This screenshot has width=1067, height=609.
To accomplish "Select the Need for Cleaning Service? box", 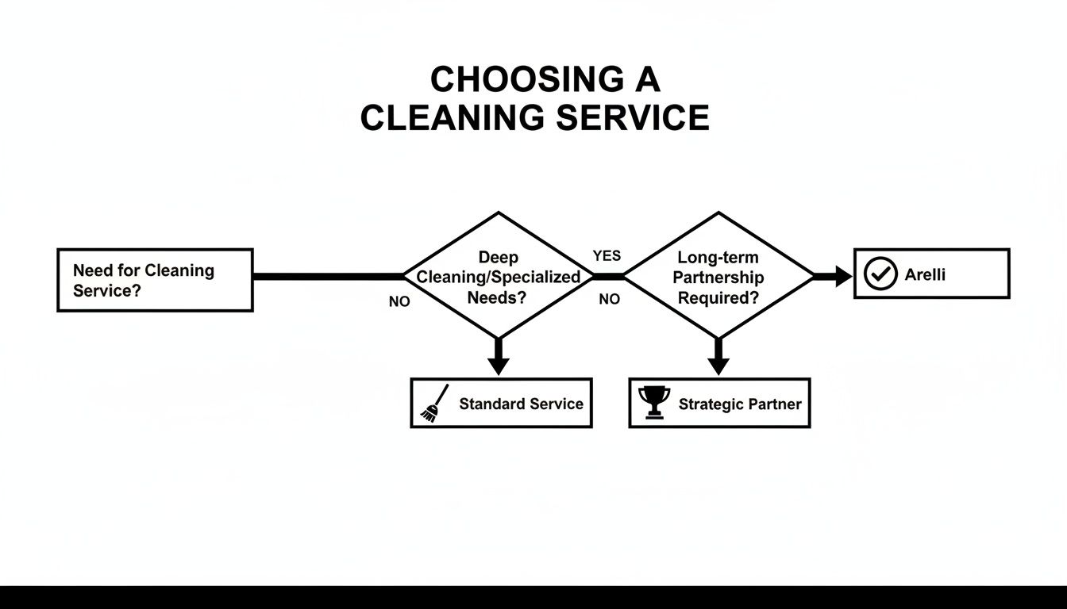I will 155,280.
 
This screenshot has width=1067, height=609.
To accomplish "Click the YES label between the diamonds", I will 607,256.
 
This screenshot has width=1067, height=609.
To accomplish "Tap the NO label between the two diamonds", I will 609,300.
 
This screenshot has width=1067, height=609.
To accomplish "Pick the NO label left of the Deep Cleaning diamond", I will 399,302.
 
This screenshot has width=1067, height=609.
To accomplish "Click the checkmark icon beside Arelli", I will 880,274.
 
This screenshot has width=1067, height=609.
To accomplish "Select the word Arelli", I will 925,275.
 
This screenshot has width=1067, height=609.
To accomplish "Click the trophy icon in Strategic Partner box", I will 654,403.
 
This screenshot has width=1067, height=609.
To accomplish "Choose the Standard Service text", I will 521,404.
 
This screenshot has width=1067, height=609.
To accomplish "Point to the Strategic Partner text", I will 740,404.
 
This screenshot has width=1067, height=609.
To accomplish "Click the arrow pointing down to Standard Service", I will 499,357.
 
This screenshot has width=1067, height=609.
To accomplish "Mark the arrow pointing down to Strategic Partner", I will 718,357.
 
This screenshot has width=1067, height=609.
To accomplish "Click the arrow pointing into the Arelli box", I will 834,277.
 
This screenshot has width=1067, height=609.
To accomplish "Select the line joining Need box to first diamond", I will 328,277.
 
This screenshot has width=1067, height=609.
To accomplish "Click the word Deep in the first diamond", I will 499,257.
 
